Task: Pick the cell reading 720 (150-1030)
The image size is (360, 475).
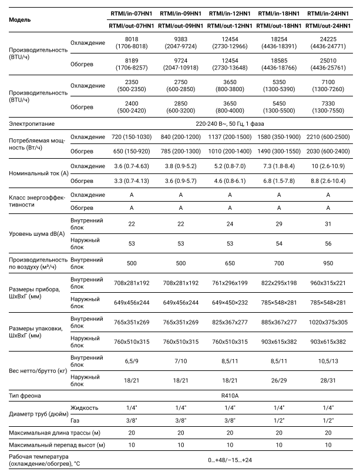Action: pyautogui.click(x=131, y=137)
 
